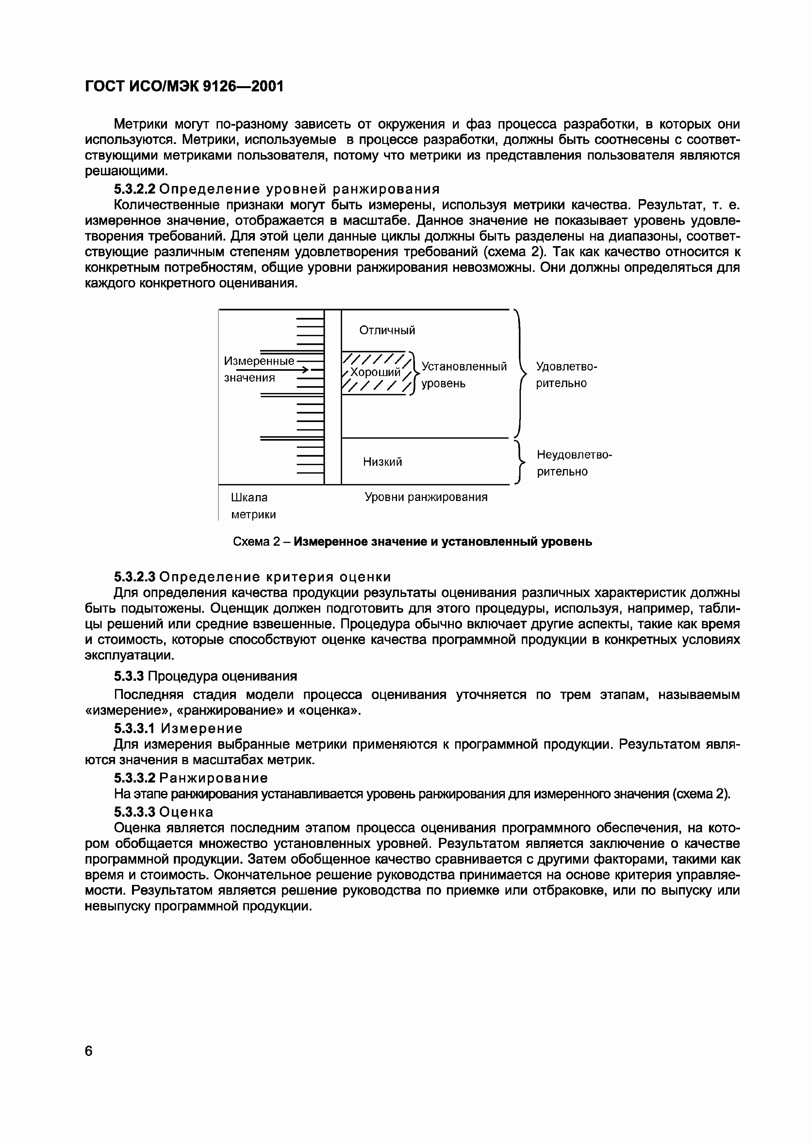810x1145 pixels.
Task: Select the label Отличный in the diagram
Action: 387,330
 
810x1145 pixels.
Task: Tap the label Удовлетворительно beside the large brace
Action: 566,374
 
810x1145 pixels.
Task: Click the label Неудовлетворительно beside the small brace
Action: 574,463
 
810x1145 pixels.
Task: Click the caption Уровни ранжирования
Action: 426,497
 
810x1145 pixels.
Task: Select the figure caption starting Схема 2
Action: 412,541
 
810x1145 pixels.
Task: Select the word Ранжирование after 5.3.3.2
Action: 215,778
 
